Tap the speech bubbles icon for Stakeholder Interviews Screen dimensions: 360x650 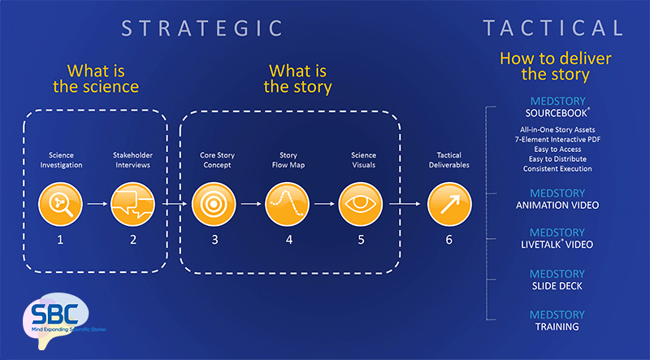132,206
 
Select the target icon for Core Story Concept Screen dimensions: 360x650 214,206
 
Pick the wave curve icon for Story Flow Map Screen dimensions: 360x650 287,206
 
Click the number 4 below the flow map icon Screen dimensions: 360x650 287,240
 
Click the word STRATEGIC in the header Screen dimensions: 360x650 202,28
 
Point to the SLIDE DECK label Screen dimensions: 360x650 557,286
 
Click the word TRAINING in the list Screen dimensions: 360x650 557,327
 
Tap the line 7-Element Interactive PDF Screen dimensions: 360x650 557,140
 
